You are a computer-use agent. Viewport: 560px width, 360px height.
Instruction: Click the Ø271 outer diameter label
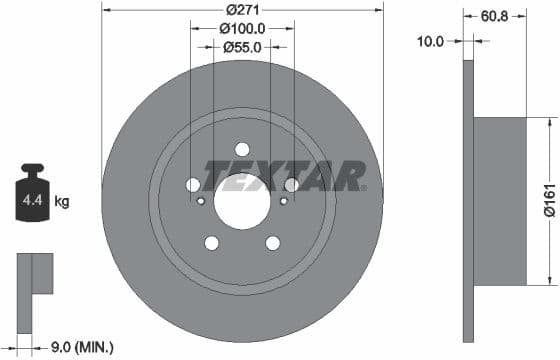tap(242, 9)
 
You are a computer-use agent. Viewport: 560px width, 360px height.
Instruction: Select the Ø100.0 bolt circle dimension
tap(241, 30)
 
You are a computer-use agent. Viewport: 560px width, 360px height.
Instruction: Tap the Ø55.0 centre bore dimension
tap(241, 47)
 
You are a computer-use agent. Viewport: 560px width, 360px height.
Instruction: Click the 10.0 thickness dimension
tap(432, 41)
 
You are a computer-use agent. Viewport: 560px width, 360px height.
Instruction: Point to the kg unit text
tap(62, 202)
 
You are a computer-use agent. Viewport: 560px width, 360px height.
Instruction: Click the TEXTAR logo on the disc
tap(285, 176)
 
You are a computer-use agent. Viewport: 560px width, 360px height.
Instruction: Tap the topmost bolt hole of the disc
tap(242, 149)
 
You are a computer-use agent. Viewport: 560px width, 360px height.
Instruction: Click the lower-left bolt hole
tap(212, 242)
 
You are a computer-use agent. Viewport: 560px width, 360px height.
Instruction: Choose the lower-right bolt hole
tap(272, 242)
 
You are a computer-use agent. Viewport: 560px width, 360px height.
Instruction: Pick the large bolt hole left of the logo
tap(193, 185)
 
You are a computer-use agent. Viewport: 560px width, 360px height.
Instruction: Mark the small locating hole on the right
tap(283, 201)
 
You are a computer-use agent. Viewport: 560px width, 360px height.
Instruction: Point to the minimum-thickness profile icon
tap(34, 275)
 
